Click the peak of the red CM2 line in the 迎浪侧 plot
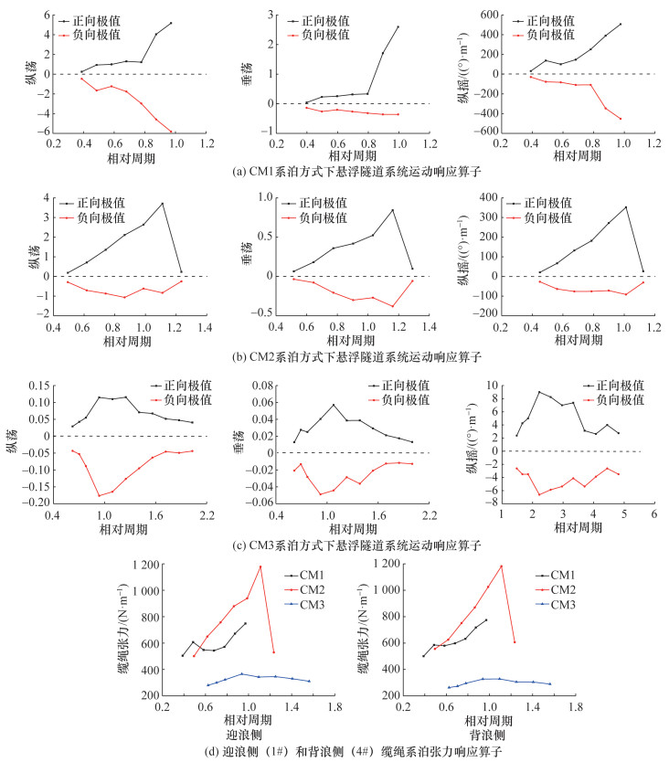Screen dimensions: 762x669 coord(260,566)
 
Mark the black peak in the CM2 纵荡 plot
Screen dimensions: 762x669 coord(162,204)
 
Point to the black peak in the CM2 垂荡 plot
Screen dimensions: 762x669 coord(393,210)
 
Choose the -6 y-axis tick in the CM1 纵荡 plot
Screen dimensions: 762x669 coord(41,132)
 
